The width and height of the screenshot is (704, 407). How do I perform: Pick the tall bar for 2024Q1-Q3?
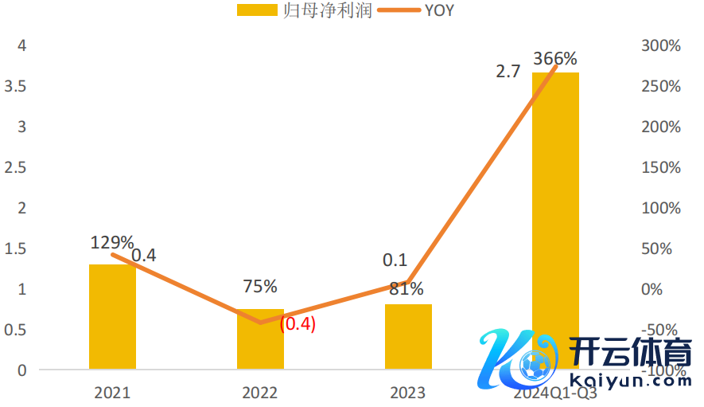tap(555, 199)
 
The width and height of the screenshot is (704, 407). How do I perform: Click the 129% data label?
tap(112, 242)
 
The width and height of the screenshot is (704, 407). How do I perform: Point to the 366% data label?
tap(555, 58)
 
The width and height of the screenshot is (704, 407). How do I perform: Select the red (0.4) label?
tap(298, 324)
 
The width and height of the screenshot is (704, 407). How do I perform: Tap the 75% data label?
tap(260, 286)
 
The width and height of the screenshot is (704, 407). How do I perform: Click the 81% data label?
tap(406, 288)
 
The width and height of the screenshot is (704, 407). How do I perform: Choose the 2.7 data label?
tap(508, 71)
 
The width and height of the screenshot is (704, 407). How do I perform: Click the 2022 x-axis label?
tap(260, 393)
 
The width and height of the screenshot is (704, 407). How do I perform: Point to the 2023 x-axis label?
tap(408, 393)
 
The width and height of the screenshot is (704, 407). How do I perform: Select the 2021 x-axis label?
tap(112, 393)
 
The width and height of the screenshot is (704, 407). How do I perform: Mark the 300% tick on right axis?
tap(661, 46)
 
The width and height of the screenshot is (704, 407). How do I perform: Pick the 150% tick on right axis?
tap(661, 167)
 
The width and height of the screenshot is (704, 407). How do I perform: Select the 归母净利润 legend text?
tap(328, 10)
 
